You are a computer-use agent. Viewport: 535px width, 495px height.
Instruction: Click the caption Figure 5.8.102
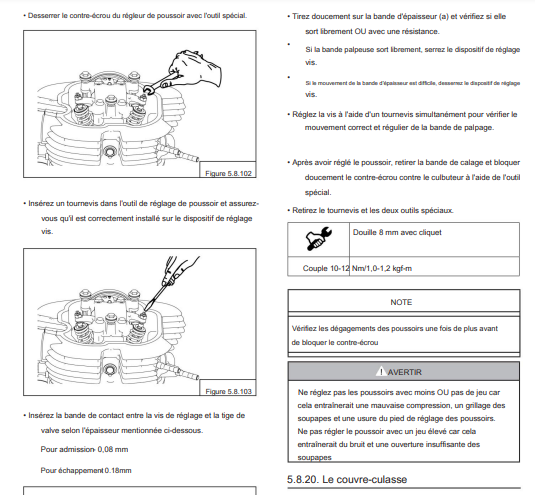click(x=228, y=173)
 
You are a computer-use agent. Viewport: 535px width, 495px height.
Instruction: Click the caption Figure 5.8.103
click(x=228, y=391)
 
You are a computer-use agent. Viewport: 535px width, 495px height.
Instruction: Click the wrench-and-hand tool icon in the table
click(x=318, y=239)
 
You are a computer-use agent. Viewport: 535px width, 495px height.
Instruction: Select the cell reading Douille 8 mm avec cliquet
click(x=397, y=232)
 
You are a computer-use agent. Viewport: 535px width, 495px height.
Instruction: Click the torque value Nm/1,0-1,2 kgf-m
click(x=382, y=268)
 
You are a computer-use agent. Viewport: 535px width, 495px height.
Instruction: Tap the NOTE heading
click(x=401, y=302)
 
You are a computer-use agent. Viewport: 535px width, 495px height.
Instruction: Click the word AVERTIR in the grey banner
click(x=405, y=372)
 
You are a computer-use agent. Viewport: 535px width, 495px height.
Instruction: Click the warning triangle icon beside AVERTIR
click(x=380, y=371)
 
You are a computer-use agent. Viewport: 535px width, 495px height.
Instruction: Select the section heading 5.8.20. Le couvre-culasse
click(x=347, y=479)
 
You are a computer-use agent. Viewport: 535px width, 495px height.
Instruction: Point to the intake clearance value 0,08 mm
click(x=113, y=449)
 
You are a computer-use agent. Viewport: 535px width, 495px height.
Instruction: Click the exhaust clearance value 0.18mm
click(x=118, y=470)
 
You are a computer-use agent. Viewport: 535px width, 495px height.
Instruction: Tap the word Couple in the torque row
click(x=315, y=268)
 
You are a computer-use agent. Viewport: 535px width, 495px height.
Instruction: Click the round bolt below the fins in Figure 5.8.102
click(x=110, y=150)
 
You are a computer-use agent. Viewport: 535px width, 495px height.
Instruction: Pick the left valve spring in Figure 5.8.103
click(x=83, y=332)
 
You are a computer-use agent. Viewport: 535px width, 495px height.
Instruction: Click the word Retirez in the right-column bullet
click(x=305, y=210)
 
